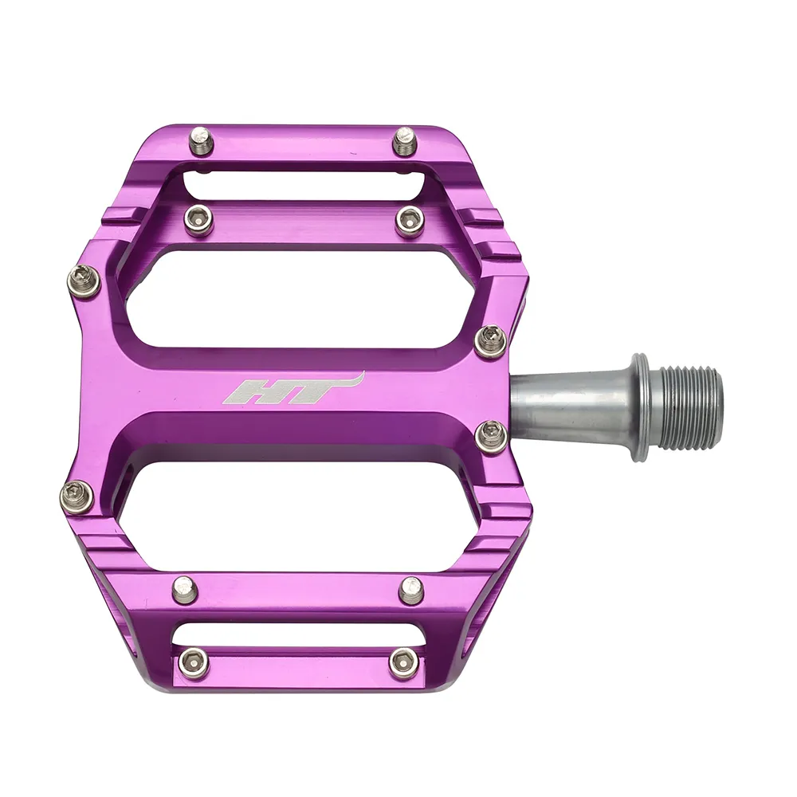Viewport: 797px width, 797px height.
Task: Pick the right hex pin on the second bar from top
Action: tap(410, 219)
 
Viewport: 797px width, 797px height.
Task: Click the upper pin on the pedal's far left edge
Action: tap(84, 281)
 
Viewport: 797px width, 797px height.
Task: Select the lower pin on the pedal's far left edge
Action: tap(77, 497)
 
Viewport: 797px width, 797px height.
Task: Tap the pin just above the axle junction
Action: tap(490, 342)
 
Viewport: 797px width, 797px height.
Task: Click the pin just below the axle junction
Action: tap(490, 437)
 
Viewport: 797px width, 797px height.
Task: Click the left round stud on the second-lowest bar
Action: tap(185, 589)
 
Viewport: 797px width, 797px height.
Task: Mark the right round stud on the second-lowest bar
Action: tap(411, 590)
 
